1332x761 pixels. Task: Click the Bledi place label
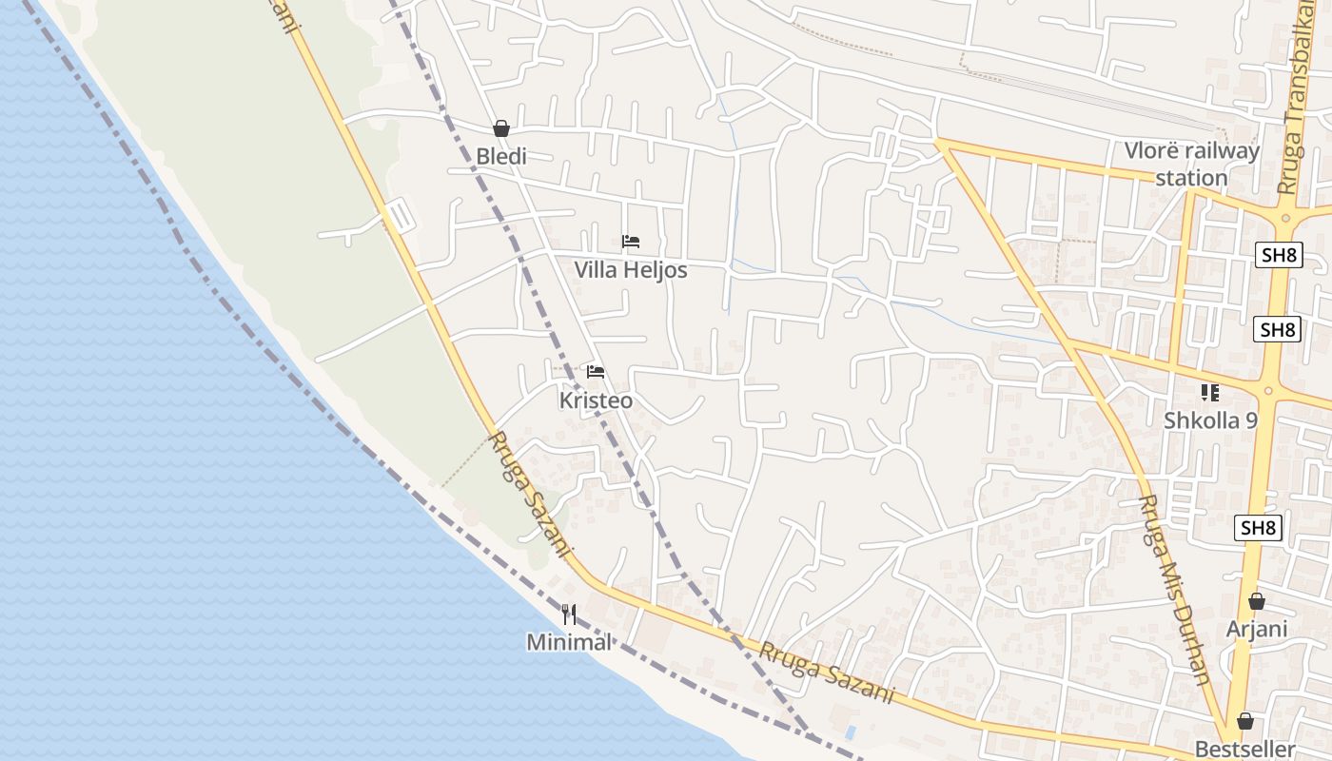(x=500, y=156)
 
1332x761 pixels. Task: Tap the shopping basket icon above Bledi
(x=501, y=128)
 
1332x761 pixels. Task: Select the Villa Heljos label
(x=630, y=270)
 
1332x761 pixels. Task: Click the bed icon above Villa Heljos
(x=630, y=242)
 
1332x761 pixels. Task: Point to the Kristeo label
(x=596, y=400)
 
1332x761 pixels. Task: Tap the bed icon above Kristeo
(x=596, y=371)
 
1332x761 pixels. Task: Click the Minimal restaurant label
(x=569, y=642)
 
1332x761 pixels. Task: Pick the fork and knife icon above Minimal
(x=569, y=614)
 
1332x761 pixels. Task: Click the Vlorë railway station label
(x=1192, y=164)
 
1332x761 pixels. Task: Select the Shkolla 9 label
(x=1210, y=420)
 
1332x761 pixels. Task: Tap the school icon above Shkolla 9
(x=1210, y=392)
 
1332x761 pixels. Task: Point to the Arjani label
(x=1257, y=629)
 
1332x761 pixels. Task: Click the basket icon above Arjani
(x=1257, y=601)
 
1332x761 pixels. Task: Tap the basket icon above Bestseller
(x=1244, y=721)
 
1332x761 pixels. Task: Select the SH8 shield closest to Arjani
(x=1258, y=528)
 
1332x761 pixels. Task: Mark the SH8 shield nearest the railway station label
(x=1278, y=255)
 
